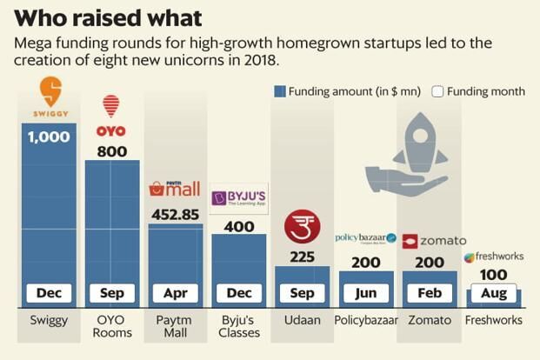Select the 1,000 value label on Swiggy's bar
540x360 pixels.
[x=49, y=137]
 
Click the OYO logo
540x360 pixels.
[x=111, y=117]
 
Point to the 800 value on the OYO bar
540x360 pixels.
[x=111, y=151]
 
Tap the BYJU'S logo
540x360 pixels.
[x=238, y=197]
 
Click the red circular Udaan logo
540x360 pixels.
[x=302, y=228]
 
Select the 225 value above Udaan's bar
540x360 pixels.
[x=302, y=257]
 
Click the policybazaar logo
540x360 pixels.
[x=365, y=238]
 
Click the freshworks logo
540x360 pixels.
[x=493, y=257]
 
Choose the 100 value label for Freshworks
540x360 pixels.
[x=493, y=276]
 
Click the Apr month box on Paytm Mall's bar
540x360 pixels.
[x=175, y=293]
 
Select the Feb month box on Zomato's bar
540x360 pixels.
[x=430, y=293]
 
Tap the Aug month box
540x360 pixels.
[x=493, y=294]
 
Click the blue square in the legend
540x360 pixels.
[x=280, y=91]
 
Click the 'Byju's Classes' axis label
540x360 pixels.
[x=238, y=326]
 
